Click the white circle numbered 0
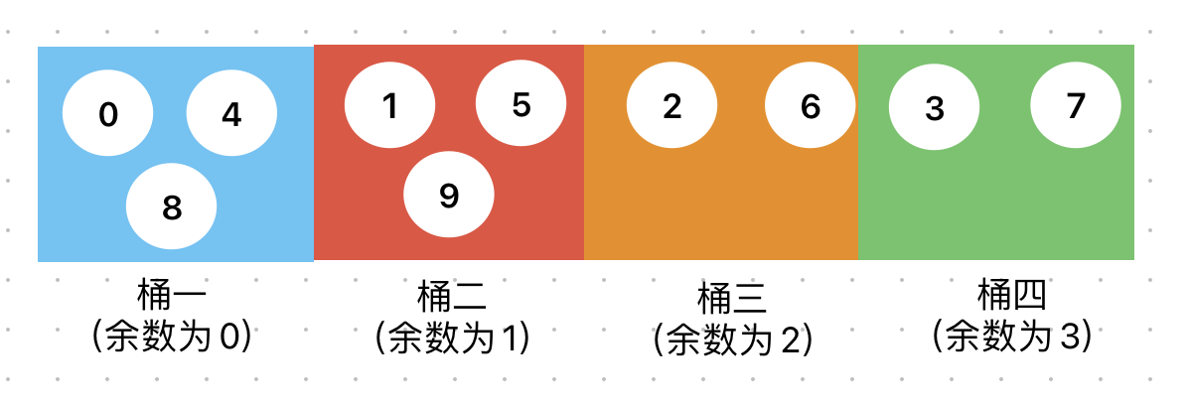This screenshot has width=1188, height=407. click(x=108, y=115)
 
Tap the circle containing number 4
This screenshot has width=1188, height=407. click(x=231, y=115)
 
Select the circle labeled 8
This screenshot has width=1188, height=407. click(x=171, y=206)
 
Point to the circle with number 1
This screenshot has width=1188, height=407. click(x=389, y=105)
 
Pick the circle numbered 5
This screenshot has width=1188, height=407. click(x=520, y=104)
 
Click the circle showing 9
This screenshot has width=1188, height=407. click(x=448, y=196)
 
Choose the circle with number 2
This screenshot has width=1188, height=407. click(x=671, y=106)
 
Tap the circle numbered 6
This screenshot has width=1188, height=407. click(x=810, y=106)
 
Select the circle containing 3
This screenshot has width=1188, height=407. click(x=934, y=108)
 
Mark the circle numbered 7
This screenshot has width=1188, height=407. click(x=1076, y=105)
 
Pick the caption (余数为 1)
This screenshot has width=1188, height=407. click(x=452, y=339)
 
